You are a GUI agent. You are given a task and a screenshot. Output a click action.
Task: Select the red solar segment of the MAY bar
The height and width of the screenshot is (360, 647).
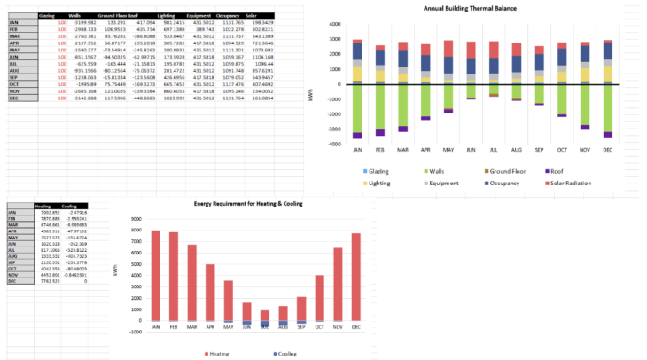click(448, 48)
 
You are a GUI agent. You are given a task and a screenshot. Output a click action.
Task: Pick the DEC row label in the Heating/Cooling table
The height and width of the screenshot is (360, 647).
click(12, 305)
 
